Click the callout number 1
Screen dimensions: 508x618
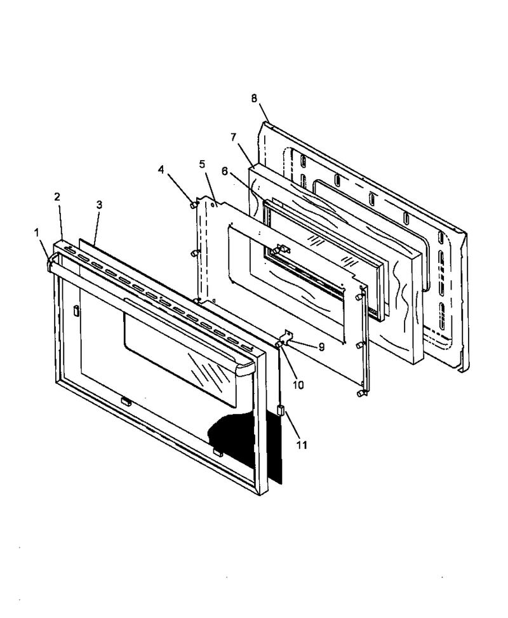(37, 233)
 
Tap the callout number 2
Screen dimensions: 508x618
(58, 197)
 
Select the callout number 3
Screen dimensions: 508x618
(99, 205)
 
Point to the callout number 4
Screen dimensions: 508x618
(161, 170)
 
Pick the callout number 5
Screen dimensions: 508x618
(202, 164)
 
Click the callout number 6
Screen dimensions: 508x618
(224, 171)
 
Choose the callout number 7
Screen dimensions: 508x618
(234, 137)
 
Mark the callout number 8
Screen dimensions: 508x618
(254, 98)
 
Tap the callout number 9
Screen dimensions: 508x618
(321, 347)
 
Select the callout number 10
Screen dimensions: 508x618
(298, 385)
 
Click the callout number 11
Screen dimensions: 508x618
(302, 445)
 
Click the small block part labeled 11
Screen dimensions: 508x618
(281, 411)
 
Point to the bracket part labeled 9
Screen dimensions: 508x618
(286, 337)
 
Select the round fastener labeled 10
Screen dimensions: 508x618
(279, 345)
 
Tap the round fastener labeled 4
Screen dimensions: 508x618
(192, 205)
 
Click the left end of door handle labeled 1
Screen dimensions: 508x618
(50, 263)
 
